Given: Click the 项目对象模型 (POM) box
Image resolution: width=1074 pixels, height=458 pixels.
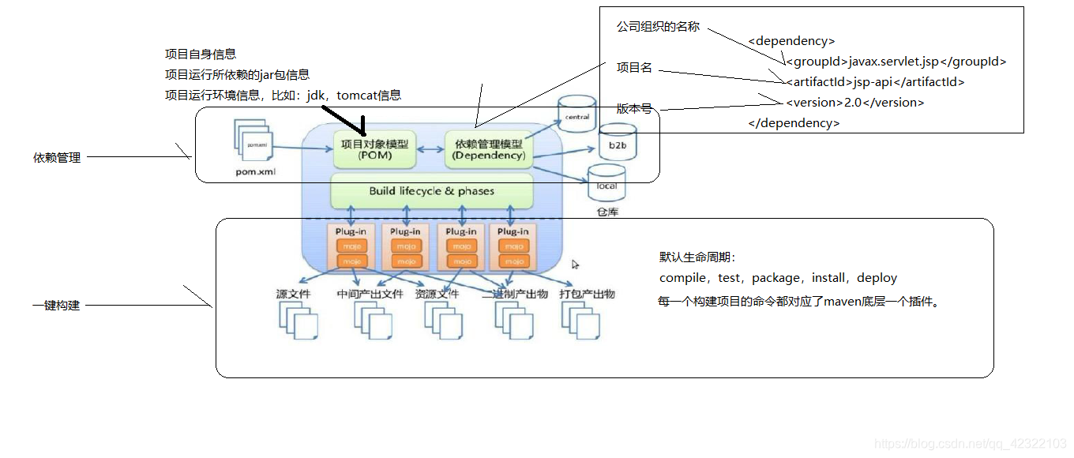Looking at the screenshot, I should [x=374, y=149].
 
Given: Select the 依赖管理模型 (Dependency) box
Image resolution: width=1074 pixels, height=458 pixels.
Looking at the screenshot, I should [x=488, y=149].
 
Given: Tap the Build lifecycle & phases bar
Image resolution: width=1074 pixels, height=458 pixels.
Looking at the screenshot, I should [x=431, y=191].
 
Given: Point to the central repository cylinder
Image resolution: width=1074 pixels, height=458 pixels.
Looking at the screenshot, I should [x=577, y=117].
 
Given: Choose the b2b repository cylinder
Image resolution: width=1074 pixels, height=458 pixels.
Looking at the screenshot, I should [x=617, y=145].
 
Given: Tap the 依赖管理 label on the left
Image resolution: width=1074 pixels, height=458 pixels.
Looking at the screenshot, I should [x=57, y=158].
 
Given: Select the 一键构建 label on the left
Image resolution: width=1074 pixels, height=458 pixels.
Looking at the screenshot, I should [x=57, y=306].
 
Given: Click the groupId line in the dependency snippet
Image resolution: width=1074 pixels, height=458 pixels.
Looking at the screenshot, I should [x=896, y=62].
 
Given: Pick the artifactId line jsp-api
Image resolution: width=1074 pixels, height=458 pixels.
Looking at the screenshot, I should [x=875, y=82].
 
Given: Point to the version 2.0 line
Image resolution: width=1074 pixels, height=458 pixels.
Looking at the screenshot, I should [x=854, y=103].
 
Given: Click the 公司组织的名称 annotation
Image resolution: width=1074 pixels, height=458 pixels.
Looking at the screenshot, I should [x=658, y=27].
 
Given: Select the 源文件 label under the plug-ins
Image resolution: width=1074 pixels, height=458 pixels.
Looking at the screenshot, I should [x=293, y=294].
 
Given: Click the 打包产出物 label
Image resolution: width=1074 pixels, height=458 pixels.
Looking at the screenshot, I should [x=587, y=294].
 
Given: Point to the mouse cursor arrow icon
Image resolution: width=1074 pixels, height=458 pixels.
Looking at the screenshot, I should [x=576, y=265].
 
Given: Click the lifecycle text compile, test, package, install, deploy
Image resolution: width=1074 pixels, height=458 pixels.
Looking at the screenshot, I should [x=778, y=278].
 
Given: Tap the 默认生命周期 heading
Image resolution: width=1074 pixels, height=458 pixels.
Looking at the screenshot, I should [x=697, y=257].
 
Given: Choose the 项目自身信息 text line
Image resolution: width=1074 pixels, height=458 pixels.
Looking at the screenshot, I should [x=201, y=54].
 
